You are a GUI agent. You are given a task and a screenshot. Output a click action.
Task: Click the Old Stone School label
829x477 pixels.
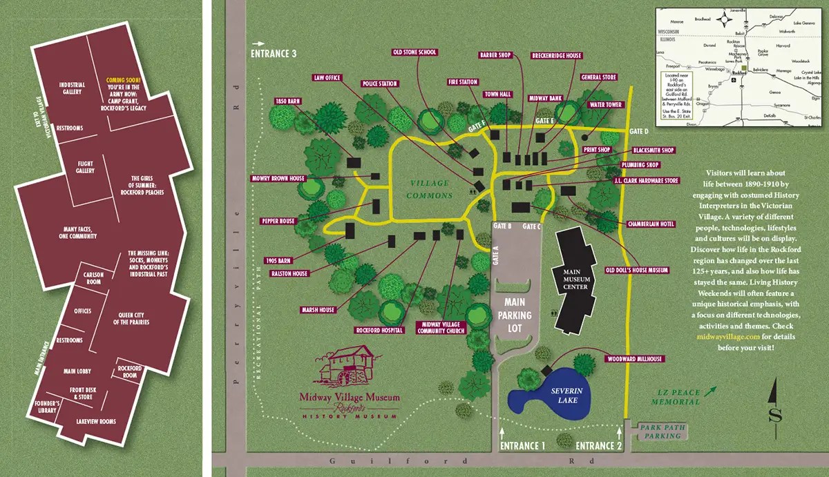415,52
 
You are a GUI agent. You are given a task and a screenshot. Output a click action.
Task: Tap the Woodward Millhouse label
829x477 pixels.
634,359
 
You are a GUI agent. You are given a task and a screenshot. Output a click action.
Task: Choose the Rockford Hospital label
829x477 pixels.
379,330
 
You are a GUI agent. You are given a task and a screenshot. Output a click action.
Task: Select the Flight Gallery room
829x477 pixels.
85,167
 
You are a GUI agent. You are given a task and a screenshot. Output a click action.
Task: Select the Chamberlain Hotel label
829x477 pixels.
651,224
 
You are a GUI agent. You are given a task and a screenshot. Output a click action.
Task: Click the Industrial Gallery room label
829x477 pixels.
72,88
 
